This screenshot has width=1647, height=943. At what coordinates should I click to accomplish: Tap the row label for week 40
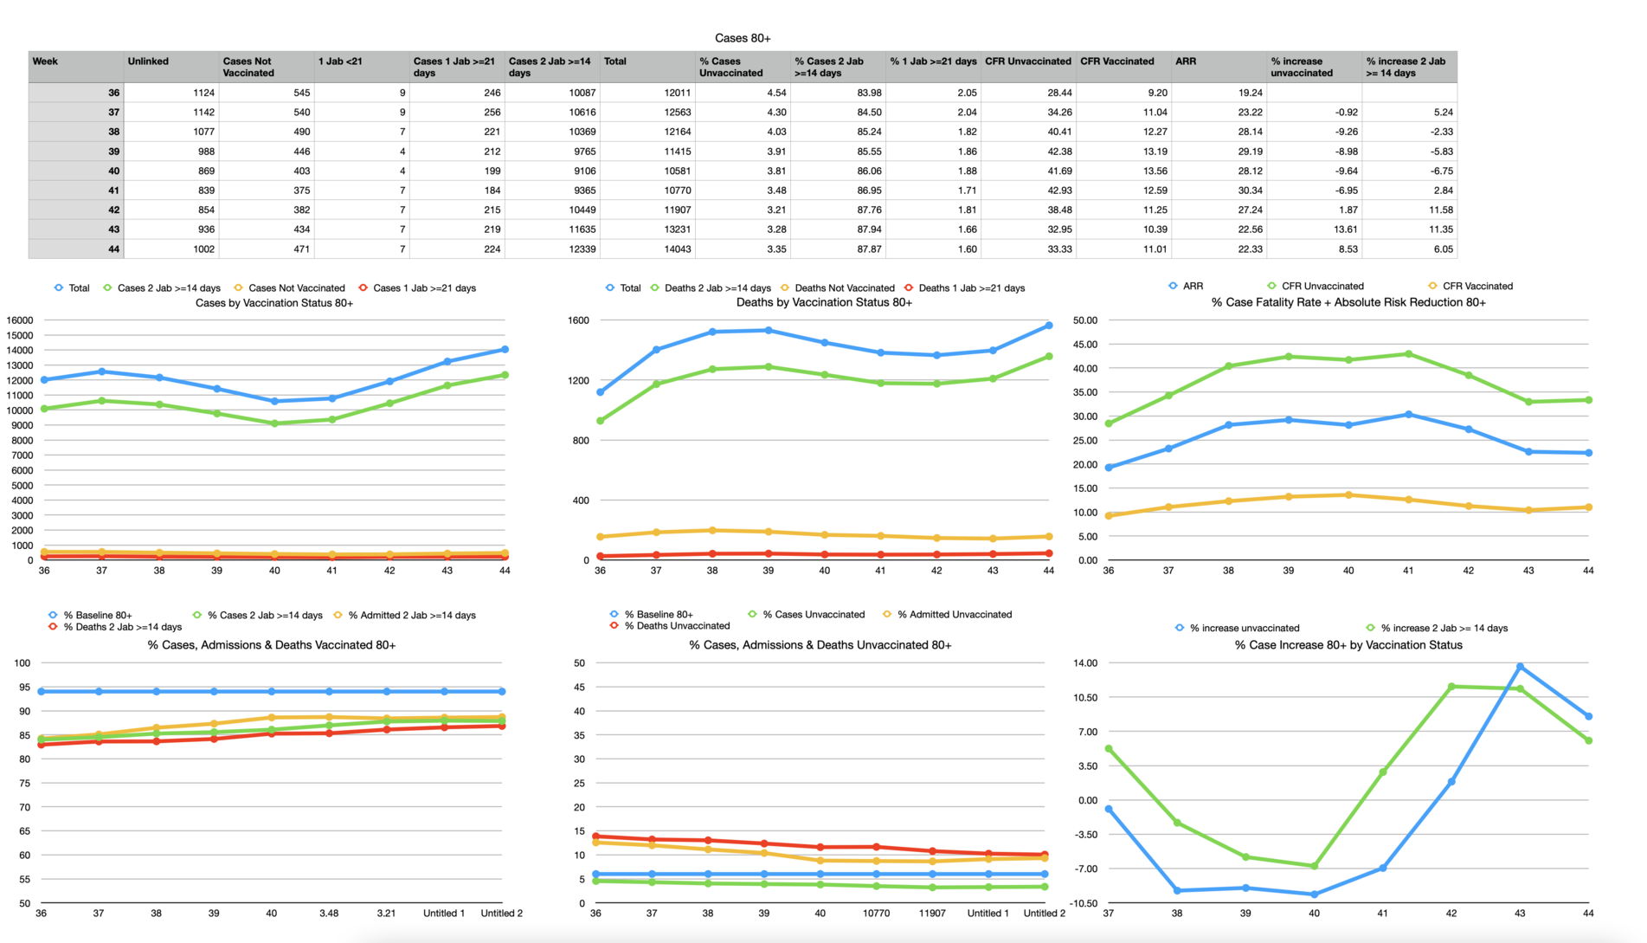[x=113, y=171]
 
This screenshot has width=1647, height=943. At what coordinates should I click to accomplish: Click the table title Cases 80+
[x=743, y=38]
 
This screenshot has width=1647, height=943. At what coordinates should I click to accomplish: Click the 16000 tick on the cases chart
[x=20, y=320]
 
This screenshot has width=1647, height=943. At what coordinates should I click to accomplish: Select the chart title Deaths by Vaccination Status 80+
[x=824, y=302]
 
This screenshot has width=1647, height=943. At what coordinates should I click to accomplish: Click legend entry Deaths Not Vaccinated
[x=844, y=288]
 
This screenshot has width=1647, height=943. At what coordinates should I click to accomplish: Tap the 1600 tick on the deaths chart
[x=578, y=320]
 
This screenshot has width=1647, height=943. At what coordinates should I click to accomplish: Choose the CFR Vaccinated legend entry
[x=1477, y=286]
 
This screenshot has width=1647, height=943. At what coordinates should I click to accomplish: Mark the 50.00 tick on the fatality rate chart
[x=1084, y=320]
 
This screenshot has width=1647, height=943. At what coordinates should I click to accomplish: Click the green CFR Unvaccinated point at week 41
[x=1409, y=354]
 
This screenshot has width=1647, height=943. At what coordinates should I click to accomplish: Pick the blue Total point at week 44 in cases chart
[x=505, y=350]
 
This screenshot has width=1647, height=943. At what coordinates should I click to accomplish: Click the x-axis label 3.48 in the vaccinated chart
[x=329, y=913]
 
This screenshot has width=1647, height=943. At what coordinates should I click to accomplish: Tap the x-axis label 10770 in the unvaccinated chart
[x=876, y=913]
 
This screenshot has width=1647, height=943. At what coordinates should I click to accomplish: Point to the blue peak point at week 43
[x=1521, y=667]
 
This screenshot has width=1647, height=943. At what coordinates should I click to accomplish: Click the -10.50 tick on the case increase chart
[x=1084, y=903]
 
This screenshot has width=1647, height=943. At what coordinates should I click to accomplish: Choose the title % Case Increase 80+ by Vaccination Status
[x=1348, y=645]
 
